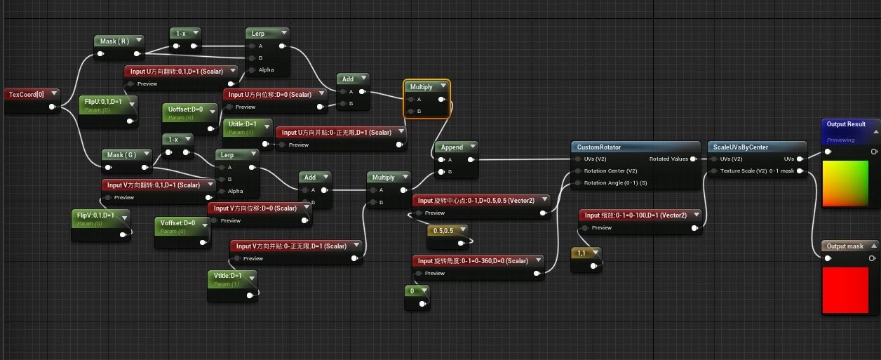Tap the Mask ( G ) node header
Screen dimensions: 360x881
[121, 154]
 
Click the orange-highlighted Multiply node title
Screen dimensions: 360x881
[422, 86]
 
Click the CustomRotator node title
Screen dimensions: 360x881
[600, 147]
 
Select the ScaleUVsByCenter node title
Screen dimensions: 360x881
[741, 147]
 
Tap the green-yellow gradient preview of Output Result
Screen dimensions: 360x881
[850, 184]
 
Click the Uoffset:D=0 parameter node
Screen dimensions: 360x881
[184, 109]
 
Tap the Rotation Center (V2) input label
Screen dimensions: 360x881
[612, 171]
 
